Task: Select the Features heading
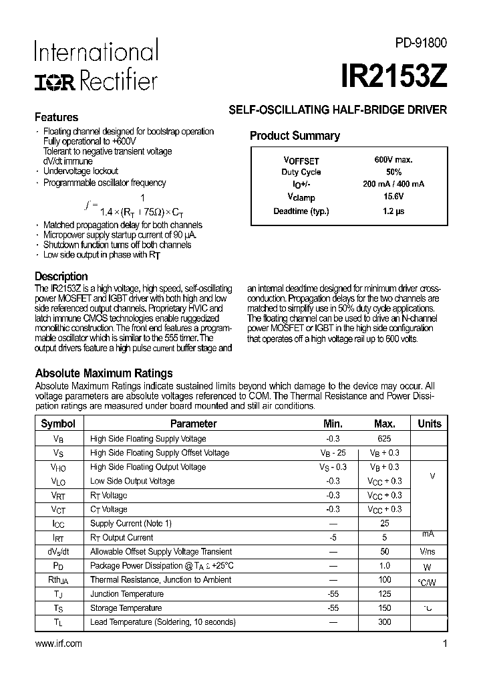(56, 117)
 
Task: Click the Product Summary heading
(295, 136)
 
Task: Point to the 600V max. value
(393, 160)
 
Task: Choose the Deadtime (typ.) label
(301, 211)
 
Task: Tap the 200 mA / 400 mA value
(393, 184)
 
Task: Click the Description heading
(61, 276)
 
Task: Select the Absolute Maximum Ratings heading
(104, 373)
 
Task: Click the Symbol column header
(58, 423)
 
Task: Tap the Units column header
(430, 423)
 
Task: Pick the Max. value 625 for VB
(384, 439)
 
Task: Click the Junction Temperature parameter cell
(127, 594)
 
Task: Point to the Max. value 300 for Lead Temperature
(384, 622)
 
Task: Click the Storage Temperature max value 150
(384, 608)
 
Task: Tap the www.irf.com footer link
(57, 644)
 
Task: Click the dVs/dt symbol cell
(58, 552)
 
